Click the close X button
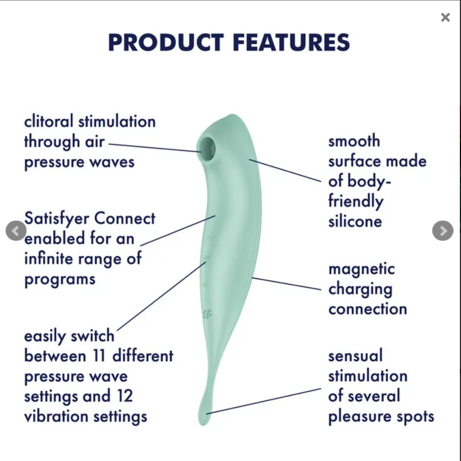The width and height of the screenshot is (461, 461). point(445,18)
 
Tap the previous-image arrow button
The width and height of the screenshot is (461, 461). point(16,231)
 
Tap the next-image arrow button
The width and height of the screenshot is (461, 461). point(443,231)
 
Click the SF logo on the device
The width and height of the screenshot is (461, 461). point(207,315)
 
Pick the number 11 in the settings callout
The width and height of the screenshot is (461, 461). point(99,356)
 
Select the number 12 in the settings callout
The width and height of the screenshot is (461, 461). point(125,396)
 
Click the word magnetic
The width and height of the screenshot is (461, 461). point(361,270)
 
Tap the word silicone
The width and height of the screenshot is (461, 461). point(355,221)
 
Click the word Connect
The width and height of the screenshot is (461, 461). point(125,218)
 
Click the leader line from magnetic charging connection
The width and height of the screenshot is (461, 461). point(286,283)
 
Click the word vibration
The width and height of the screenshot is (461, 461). point(56,417)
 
